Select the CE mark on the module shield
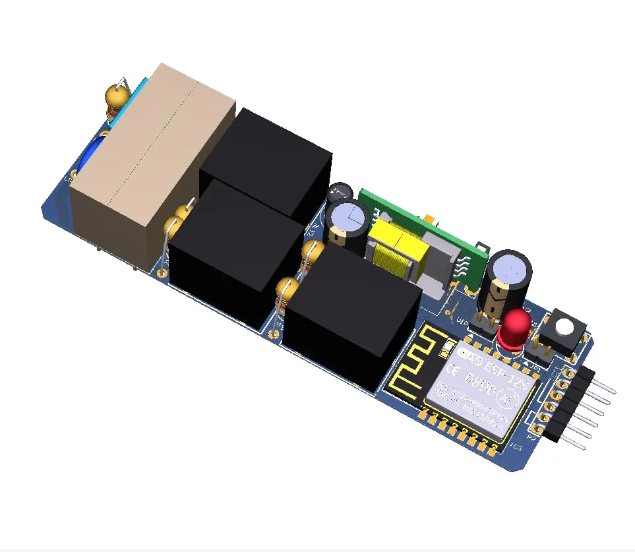(452, 367)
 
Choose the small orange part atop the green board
(429, 218)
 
